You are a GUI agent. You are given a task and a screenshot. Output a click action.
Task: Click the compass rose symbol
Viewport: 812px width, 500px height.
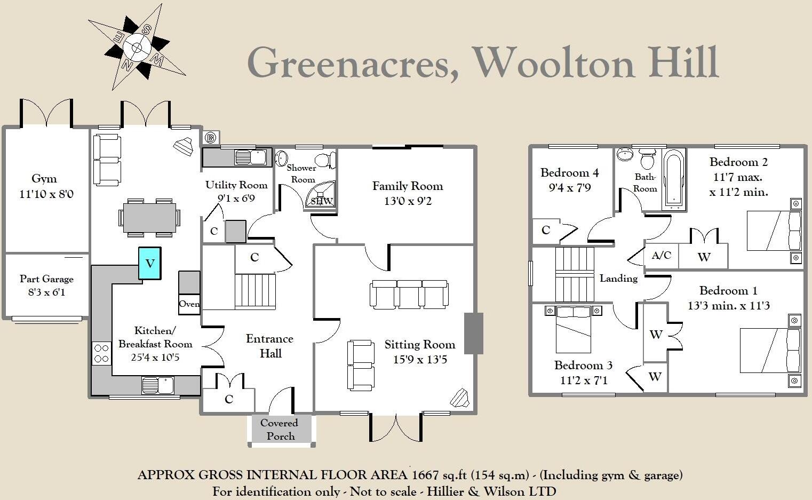click(x=137, y=47)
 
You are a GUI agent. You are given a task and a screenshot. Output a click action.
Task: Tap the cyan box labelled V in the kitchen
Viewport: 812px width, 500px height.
click(x=150, y=263)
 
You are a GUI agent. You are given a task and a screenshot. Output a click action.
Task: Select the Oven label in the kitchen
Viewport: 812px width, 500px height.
click(x=189, y=304)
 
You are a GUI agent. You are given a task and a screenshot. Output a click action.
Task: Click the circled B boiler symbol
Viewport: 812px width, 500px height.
click(x=211, y=138)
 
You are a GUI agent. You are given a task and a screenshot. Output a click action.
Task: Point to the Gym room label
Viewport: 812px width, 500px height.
click(x=44, y=179)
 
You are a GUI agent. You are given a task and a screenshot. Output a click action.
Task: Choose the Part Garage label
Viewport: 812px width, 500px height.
click(x=46, y=279)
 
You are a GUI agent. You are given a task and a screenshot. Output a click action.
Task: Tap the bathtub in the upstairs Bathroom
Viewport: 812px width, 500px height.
click(x=673, y=179)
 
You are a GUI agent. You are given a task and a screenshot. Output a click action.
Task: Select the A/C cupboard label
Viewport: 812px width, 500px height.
click(x=662, y=256)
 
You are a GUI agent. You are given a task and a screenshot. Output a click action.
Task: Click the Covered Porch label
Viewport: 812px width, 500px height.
click(x=280, y=430)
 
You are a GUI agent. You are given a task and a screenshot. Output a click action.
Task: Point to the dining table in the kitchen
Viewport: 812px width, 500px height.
click(x=149, y=218)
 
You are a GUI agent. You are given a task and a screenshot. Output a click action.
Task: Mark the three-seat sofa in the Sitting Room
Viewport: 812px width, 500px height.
click(x=409, y=295)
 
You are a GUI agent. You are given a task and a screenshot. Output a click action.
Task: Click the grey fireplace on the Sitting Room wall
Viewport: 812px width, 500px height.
click(x=473, y=334)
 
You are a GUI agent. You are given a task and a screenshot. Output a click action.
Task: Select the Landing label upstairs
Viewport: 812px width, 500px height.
click(x=618, y=278)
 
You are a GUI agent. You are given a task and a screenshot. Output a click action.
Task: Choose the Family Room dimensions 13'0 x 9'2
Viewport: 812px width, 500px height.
click(x=408, y=201)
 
